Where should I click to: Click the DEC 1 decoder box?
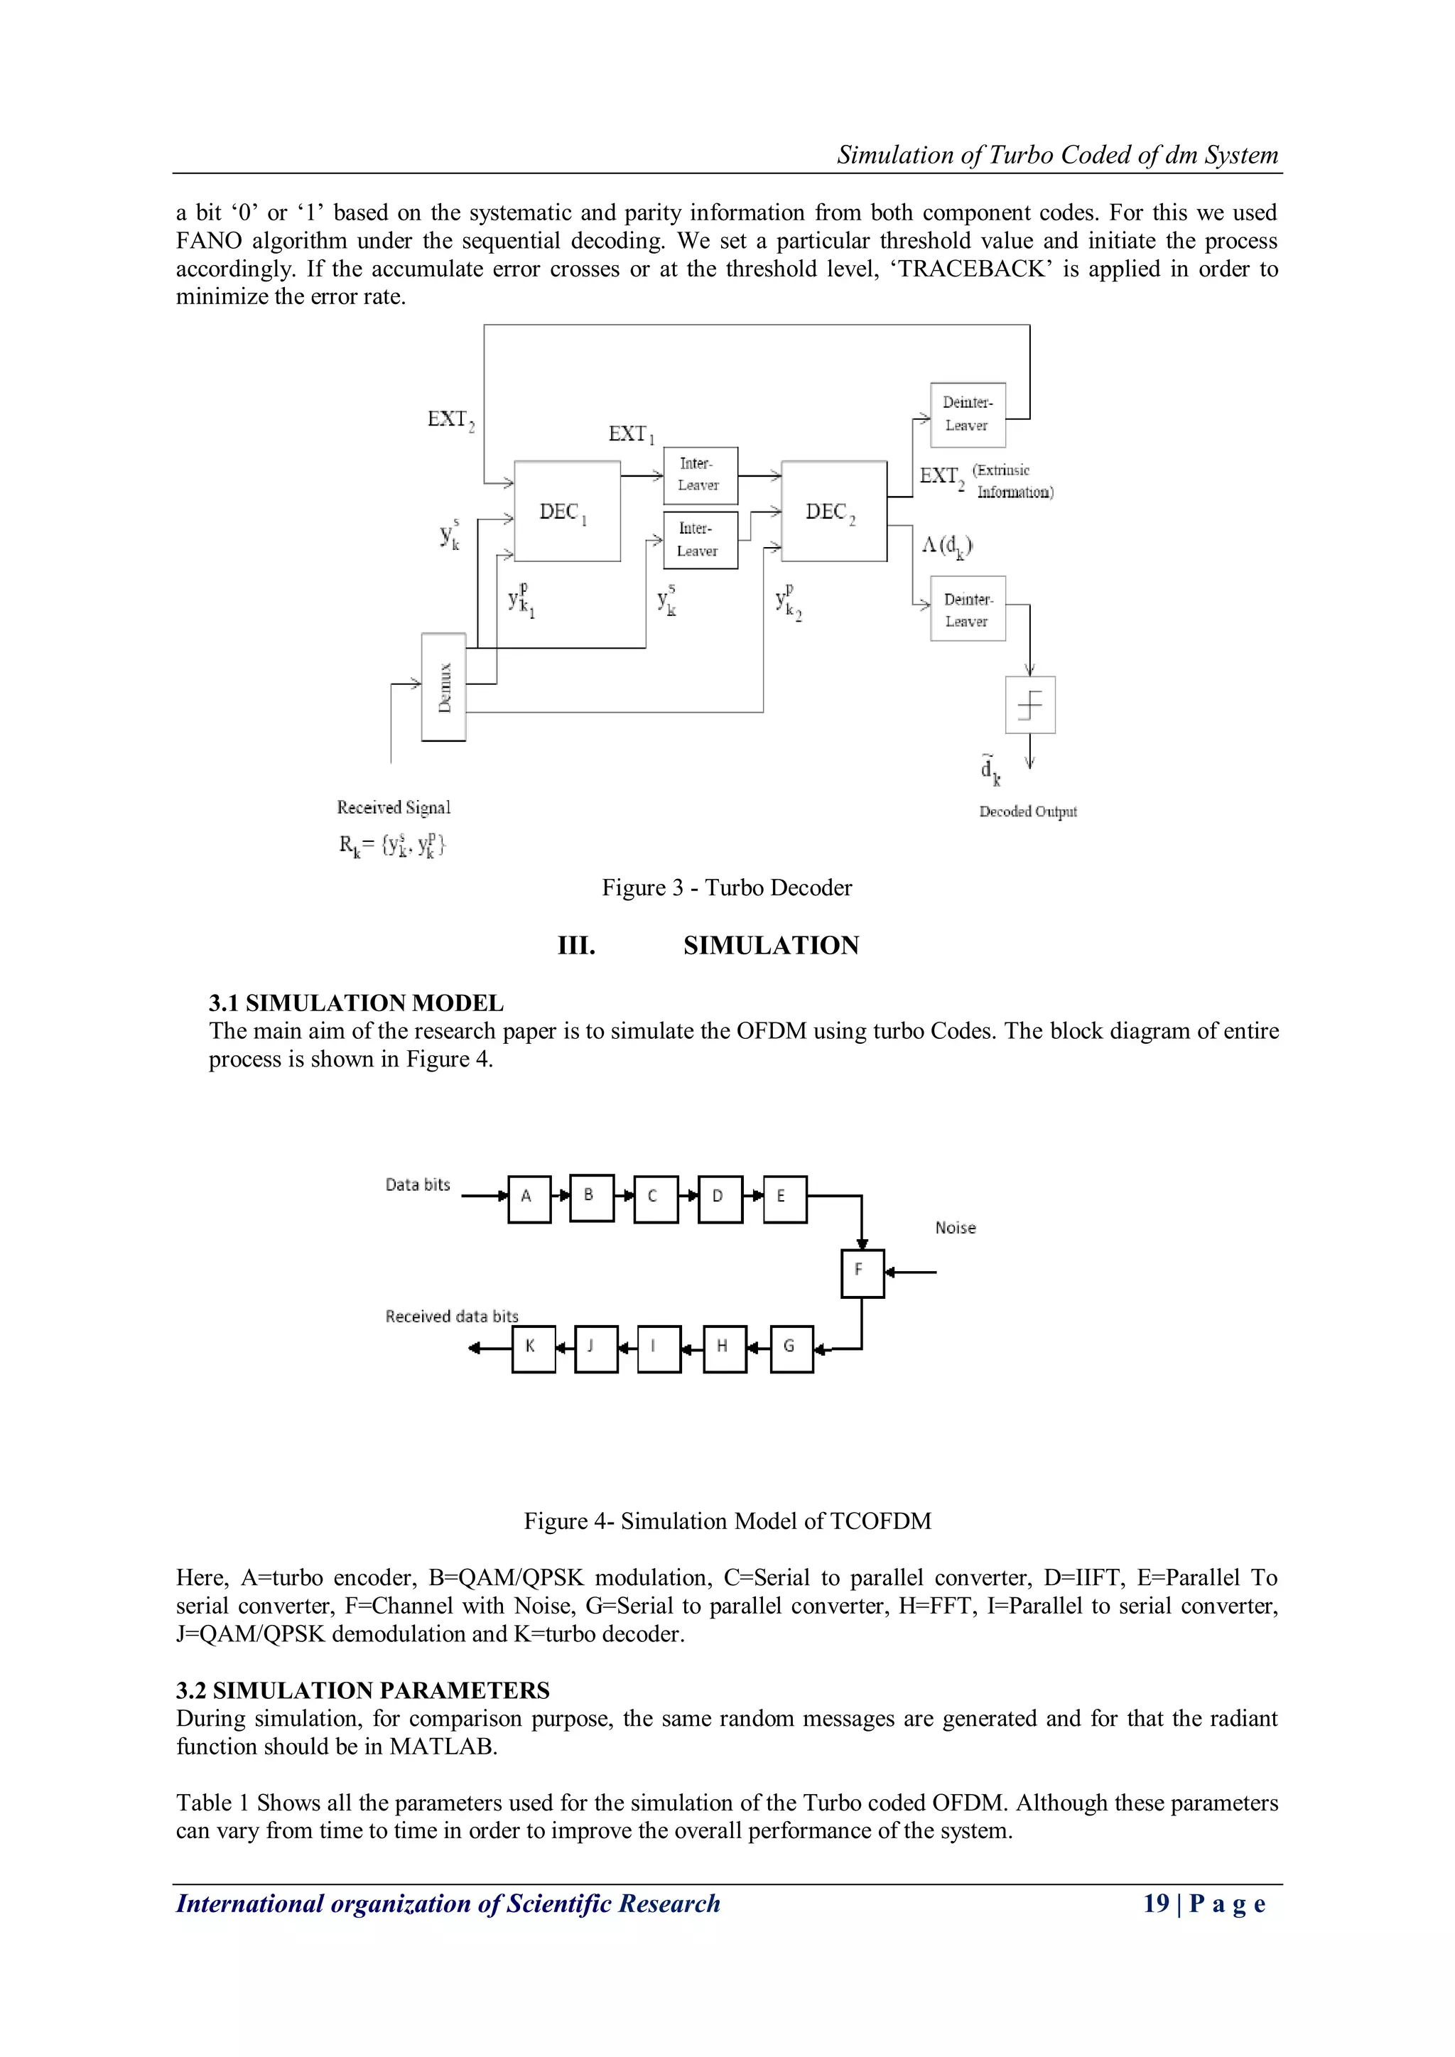[x=566, y=511]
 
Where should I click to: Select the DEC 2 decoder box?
[x=833, y=511]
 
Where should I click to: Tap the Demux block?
[x=443, y=687]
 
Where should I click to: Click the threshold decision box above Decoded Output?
[x=1030, y=705]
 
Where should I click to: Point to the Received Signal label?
[x=394, y=807]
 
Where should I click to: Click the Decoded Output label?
[x=1027, y=811]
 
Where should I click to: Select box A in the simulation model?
[x=529, y=1199]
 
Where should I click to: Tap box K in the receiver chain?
[x=533, y=1349]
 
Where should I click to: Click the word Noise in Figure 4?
[x=955, y=1229]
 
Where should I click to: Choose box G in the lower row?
[x=792, y=1349]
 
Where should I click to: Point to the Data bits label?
[x=418, y=1184]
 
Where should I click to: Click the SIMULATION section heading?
[x=771, y=946]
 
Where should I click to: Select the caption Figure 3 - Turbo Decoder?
[x=727, y=888]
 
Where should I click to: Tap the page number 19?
[x=1156, y=1904]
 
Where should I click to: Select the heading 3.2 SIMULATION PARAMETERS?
[x=363, y=1690]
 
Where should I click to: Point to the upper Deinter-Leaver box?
[x=968, y=415]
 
